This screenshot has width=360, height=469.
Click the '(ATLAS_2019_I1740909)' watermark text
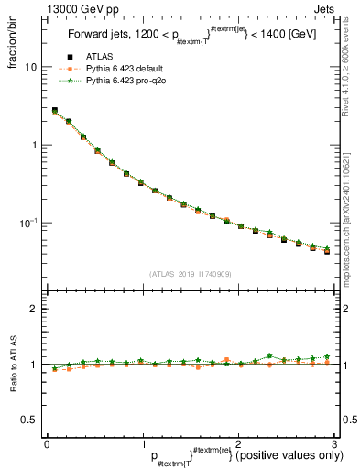click(x=190, y=274)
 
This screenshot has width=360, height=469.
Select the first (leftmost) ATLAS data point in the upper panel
click(x=55, y=111)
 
